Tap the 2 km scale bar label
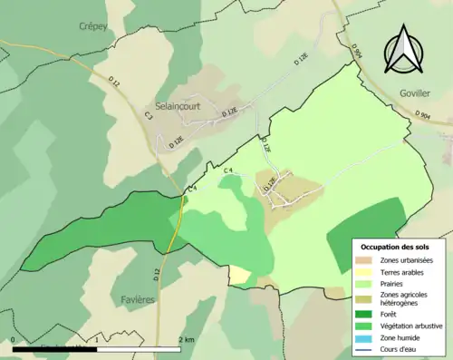click(186, 340)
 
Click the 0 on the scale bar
click(14, 340)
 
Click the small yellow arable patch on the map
click(239, 274)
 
